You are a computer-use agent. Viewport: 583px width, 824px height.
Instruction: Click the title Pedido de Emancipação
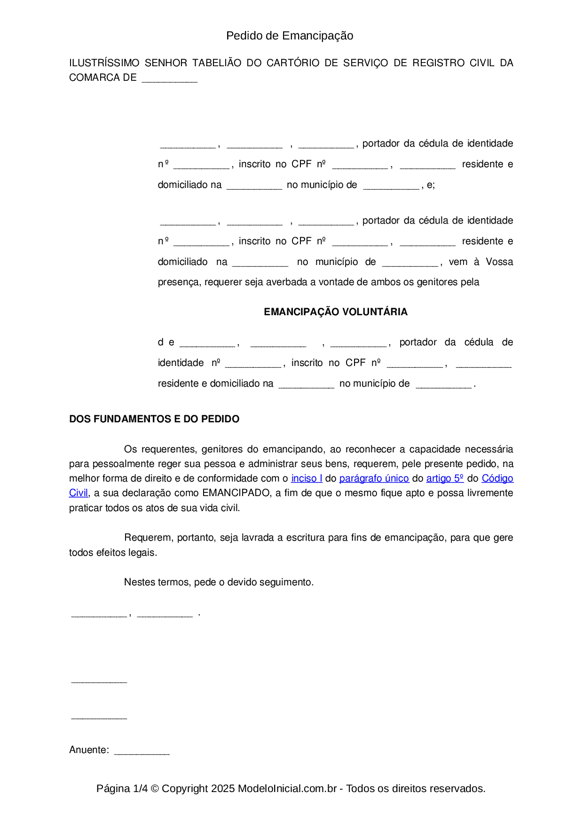pos(290,36)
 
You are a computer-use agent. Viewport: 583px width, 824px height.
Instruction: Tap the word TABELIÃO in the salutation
pos(217,63)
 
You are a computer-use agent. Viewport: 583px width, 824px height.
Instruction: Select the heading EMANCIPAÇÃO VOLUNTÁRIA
pos(335,312)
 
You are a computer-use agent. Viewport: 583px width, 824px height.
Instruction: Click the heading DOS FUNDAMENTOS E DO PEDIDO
pos(154,419)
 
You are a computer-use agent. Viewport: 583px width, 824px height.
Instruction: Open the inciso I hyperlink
pos(307,478)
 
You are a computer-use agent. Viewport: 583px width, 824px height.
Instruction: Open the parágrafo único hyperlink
pos(374,478)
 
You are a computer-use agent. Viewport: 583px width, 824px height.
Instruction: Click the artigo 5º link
pos(445,478)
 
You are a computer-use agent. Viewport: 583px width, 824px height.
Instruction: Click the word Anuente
pos(88,750)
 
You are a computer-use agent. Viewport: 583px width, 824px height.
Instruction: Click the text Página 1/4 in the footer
pos(122,788)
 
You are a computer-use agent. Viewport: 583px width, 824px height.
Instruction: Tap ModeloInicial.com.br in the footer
pos(287,788)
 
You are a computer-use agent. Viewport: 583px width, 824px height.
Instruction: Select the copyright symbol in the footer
pos(155,788)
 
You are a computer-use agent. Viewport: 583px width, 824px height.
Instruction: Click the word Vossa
pos(499,262)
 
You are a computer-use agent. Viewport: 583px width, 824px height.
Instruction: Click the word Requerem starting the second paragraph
pos(149,537)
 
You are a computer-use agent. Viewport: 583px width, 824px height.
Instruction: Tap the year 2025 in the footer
pos(223,788)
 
